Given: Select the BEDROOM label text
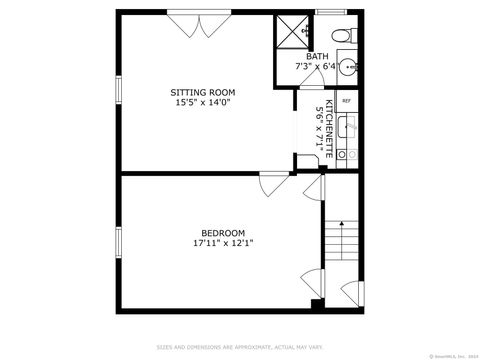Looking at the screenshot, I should tap(218, 232).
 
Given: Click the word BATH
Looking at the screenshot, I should tap(317, 56).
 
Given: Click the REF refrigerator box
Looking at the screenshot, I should tap(347, 101).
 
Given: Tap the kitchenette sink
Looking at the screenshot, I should tap(348, 126).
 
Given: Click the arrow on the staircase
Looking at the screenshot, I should tap(341, 226).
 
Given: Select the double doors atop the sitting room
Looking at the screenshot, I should tap(196, 27).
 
